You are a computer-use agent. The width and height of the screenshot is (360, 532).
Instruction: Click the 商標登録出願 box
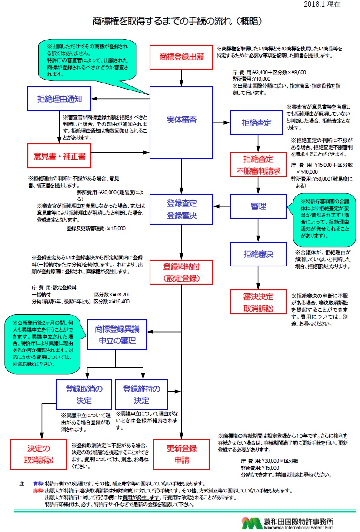(181, 57)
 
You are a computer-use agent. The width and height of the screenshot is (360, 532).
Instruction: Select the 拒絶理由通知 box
(60, 99)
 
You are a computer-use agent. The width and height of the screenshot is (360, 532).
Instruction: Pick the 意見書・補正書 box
(60, 156)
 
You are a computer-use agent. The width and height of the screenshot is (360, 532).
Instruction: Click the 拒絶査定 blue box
(258, 123)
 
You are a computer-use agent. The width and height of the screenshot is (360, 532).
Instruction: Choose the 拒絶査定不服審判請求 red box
(258, 165)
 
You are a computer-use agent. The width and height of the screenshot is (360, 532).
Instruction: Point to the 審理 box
(258, 206)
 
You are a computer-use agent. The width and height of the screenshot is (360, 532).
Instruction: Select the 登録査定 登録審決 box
(181, 209)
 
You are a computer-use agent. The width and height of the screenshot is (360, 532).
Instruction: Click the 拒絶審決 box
(258, 254)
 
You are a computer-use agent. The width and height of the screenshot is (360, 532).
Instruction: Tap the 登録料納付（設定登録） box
(181, 272)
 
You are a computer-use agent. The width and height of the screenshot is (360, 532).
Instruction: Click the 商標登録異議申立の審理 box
(117, 335)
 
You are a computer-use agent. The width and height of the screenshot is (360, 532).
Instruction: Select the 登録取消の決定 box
(84, 394)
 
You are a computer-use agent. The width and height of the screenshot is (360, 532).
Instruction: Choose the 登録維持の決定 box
(141, 394)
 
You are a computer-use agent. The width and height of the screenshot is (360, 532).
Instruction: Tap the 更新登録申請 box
(181, 454)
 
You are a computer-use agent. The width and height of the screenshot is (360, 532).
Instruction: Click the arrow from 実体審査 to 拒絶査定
(221, 123)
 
